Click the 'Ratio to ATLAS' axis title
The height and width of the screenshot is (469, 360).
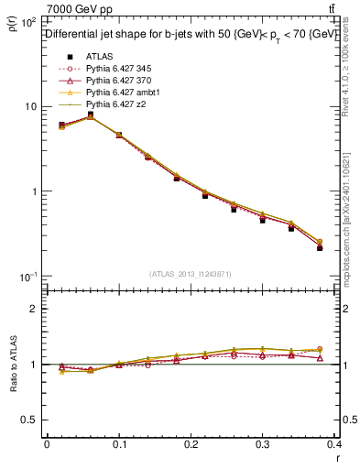[13, 366]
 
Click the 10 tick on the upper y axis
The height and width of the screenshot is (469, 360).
[27, 106]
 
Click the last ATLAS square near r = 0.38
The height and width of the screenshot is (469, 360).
[320, 247]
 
